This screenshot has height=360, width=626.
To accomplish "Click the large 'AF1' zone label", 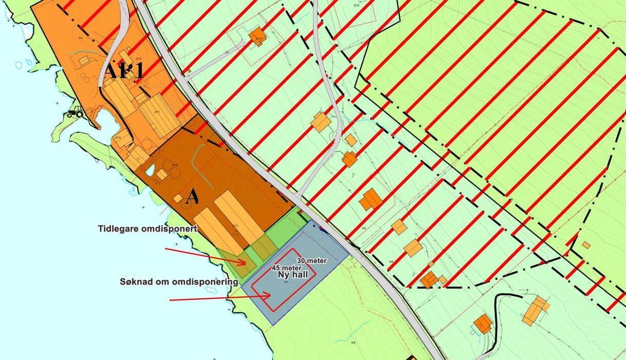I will [124, 71].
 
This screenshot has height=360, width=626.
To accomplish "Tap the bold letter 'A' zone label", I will [192, 197].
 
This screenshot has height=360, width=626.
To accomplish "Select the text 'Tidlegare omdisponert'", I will [148, 229].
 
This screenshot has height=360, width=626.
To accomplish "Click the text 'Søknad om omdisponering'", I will [178, 282].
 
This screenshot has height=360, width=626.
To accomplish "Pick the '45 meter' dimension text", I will [286, 268].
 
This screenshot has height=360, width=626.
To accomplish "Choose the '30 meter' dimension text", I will [311, 261].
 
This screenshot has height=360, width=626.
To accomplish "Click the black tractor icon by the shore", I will [76, 111].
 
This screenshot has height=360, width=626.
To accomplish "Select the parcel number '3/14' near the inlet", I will [118, 137].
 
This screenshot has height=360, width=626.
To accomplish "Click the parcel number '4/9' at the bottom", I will [353, 342].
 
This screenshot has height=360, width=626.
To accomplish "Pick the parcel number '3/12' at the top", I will [356, 6].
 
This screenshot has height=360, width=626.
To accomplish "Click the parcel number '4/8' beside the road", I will [391, 262].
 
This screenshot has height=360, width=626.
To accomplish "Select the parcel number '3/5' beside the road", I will [364, 229].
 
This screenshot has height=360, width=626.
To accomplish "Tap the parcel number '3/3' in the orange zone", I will [80, 37].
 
